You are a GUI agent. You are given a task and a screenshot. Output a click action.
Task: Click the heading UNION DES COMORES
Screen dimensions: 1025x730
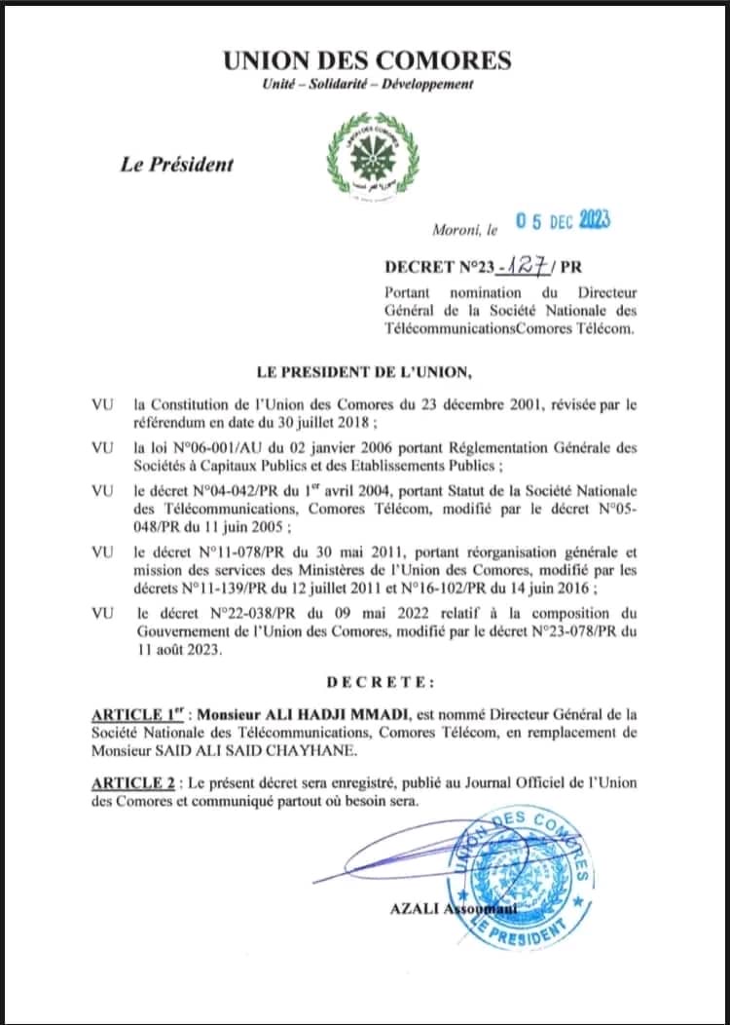point(367,60)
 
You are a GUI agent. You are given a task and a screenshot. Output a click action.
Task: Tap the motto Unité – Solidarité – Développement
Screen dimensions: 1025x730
point(368,85)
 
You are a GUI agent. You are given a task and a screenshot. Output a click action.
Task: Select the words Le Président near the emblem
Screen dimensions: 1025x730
point(177,165)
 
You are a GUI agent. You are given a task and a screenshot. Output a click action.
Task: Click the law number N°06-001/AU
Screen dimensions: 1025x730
point(217,447)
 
